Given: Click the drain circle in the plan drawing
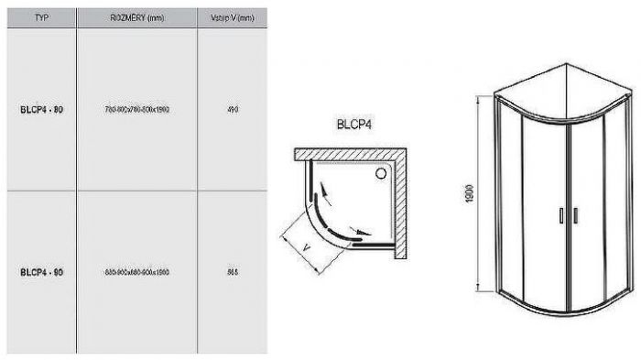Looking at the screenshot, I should (382, 171).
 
